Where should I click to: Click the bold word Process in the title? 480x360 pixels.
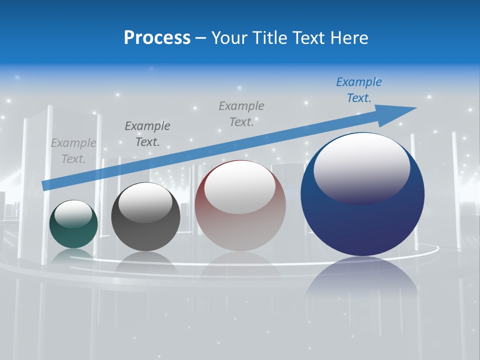click(x=157, y=38)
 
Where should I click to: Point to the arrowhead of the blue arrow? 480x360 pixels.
click(x=400, y=112)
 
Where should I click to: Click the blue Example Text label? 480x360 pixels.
click(x=358, y=90)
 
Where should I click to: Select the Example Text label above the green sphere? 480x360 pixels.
click(x=73, y=151)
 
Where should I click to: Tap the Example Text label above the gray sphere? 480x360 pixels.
click(x=147, y=133)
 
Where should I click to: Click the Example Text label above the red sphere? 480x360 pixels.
click(x=241, y=113)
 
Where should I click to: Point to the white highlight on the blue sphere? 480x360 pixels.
click(x=361, y=167)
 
